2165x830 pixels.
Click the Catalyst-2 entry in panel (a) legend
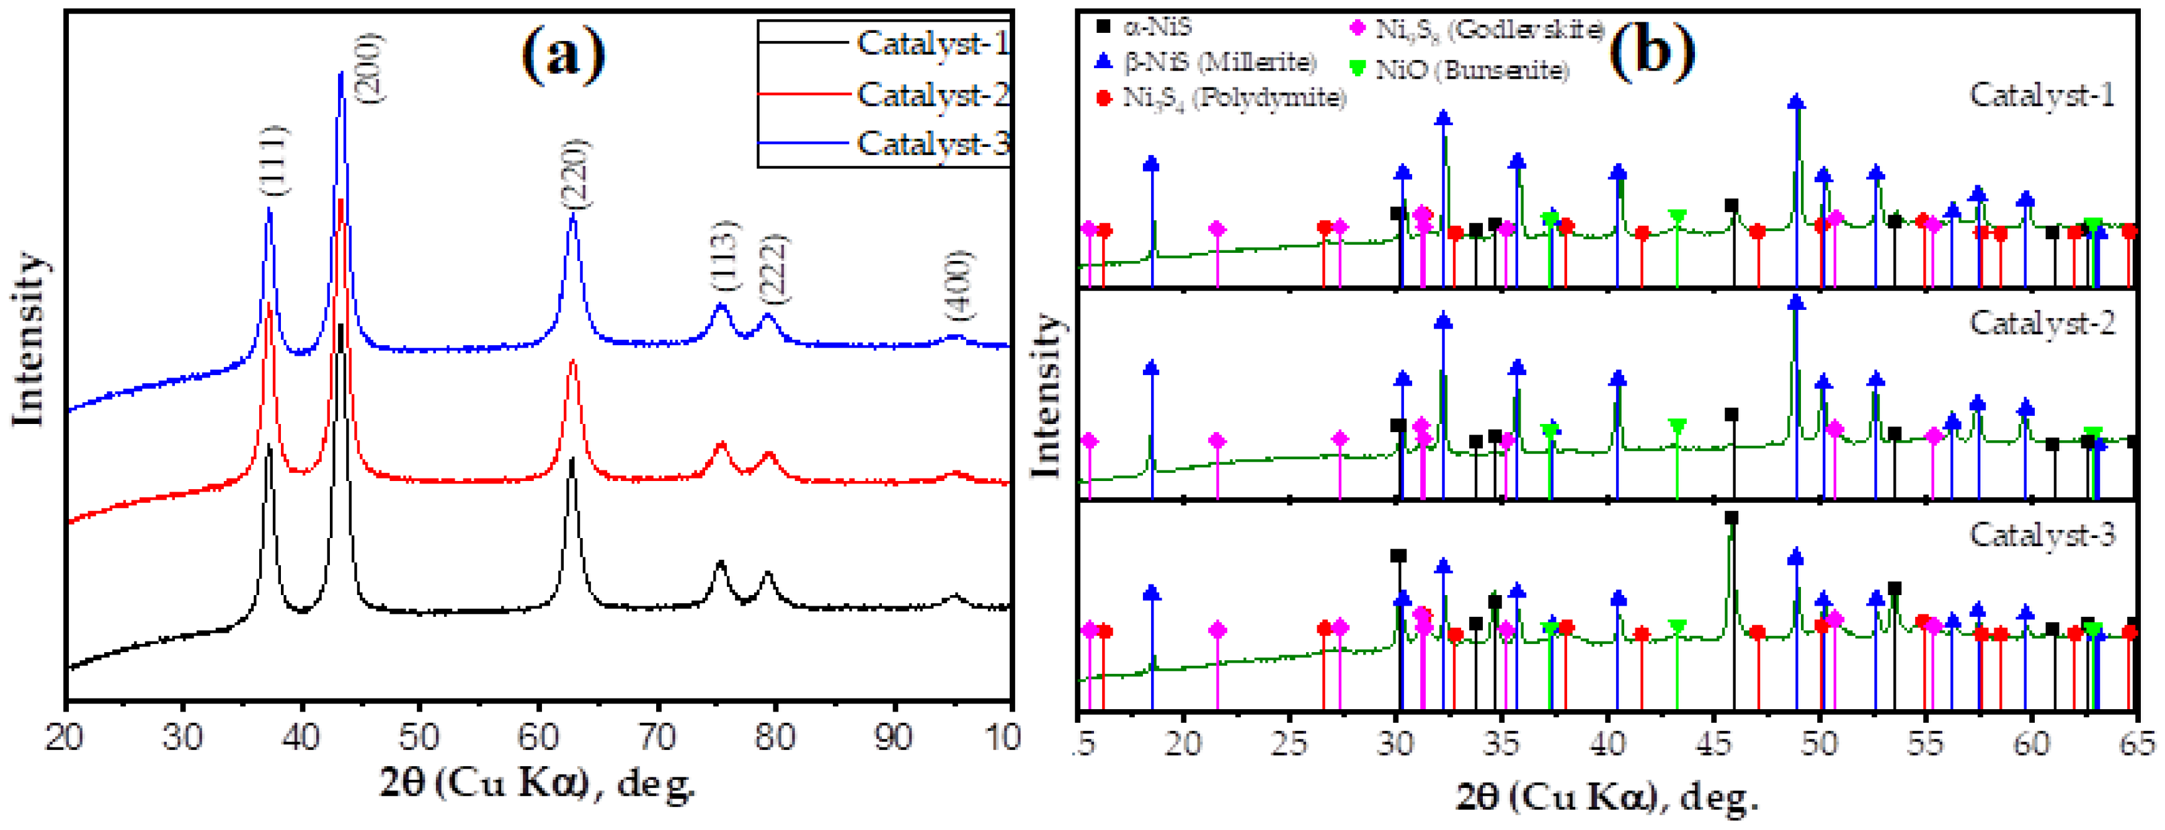tap(931, 94)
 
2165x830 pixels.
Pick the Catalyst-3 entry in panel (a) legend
tap(931, 144)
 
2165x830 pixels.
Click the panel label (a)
tap(563, 53)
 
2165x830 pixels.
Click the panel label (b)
tap(1651, 53)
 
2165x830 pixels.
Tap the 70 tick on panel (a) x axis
tap(656, 738)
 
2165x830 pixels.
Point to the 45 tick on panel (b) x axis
tap(1713, 743)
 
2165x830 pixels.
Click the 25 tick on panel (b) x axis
tap(1289, 743)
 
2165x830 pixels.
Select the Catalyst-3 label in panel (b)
tap(2042, 534)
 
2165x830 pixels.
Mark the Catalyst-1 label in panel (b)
tap(2042, 95)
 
